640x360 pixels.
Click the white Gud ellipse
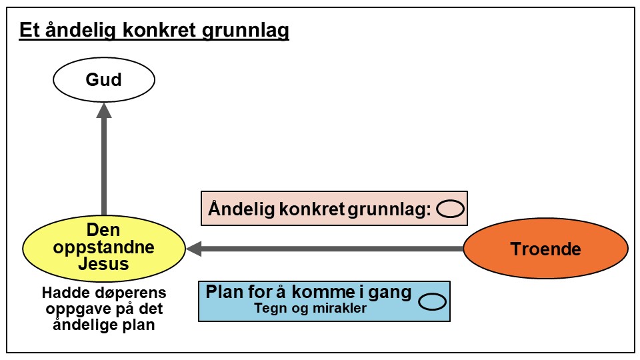[x=104, y=81]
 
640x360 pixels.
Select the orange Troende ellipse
[x=545, y=249]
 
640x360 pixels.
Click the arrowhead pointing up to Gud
[x=104, y=110]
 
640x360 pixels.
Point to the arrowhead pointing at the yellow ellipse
[x=195, y=249]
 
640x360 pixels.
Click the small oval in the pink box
[x=450, y=209]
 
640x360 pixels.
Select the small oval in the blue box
[x=432, y=301]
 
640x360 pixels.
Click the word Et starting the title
[x=27, y=31]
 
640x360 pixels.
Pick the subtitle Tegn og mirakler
[x=311, y=309]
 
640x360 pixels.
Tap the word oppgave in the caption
[x=69, y=309]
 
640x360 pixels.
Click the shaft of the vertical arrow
[x=104, y=167]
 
